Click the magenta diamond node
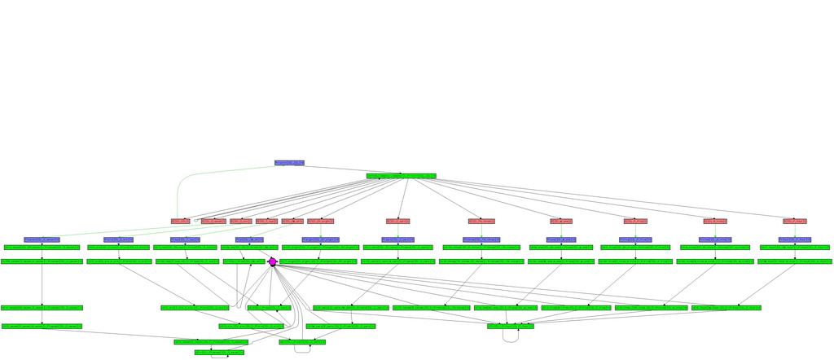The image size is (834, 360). click(273, 261)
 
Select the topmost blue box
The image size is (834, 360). click(289, 163)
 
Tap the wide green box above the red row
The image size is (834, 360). click(401, 176)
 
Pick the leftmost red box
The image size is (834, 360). click(180, 221)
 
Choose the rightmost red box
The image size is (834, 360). click(795, 221)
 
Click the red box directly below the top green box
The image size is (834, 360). click(398, 221)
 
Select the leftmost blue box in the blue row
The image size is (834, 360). click(42, 239)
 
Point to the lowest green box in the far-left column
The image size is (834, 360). click(42, 326)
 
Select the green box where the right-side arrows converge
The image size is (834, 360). click(511, 326)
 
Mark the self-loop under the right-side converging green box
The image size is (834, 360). click(511, 338)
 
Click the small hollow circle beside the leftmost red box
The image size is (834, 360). click(195, 221)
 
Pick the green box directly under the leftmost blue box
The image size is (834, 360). click(42, 247)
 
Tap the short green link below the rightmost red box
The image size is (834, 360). click(795, 230)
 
